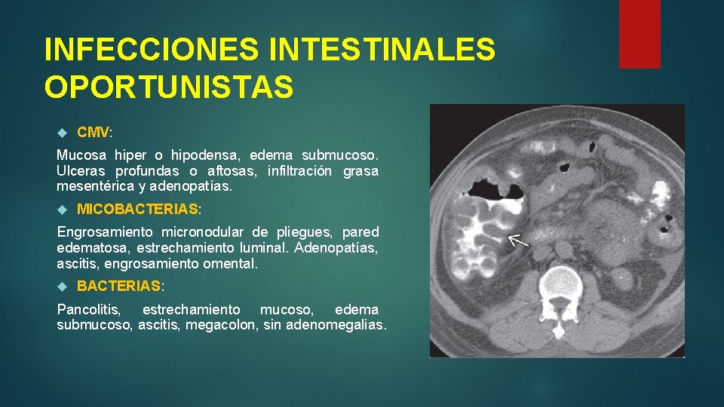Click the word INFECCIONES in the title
[150, 50]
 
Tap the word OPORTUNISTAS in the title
[169, 87]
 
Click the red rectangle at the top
[640, 34]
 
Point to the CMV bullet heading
[94, 133]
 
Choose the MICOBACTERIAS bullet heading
[137, 208]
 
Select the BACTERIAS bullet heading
[118, 286]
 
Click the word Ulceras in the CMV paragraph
[80, 171]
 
